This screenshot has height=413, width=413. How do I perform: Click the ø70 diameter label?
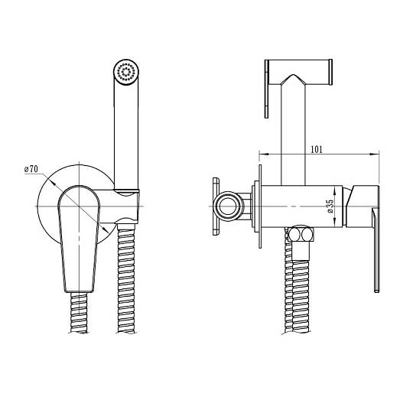[x=31, y=169]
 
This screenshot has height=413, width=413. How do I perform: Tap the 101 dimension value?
[x=317, y=149]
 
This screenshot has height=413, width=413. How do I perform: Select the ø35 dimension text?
[x=330, y=206]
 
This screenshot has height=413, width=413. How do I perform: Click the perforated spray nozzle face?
[x=126, y=71]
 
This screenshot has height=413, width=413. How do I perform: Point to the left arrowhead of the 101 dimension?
[x=264, y=154]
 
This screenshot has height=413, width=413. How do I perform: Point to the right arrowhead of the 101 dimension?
[x=374, y=154]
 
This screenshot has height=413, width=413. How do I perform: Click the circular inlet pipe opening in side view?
[x=229, y=206]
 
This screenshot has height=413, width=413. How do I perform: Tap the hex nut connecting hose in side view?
[x=301, y=234]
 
